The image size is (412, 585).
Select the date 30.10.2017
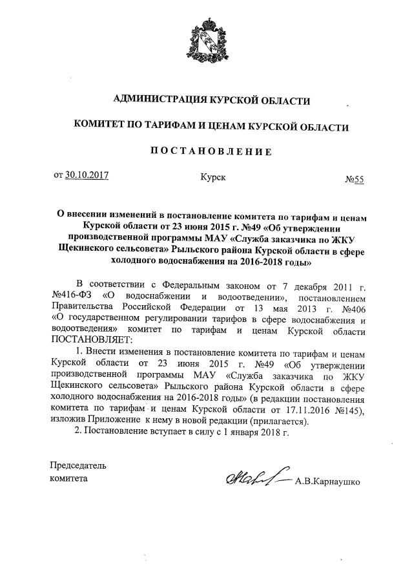tap(87, 175)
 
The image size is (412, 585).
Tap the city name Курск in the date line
tap(214, 175)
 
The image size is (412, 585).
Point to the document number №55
tap(354, 181)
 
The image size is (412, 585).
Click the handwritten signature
tap(256, 478)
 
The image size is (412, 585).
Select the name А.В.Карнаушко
tap(326, 482)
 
